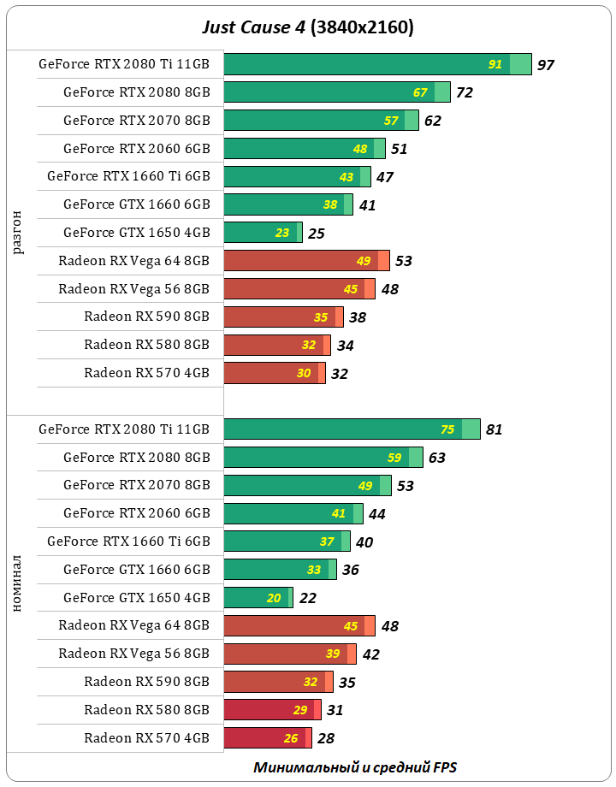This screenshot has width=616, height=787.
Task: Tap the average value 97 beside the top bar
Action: click(x=546, y=65)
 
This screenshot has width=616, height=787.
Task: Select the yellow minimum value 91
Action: click(x=495, y=65)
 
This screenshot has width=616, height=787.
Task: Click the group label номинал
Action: click(x=19, y=584)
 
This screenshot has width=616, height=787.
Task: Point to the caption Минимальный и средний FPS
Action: click(x=360, y=767)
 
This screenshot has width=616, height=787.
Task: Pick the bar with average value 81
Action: click(x=351, y=429)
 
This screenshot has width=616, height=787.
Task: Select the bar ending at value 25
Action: click(x=262, y=233)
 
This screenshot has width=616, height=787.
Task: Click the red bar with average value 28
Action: click(x=267, y=738)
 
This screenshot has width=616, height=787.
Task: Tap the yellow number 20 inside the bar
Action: click(x=274, y=598)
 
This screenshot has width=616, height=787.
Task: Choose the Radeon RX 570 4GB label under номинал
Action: click(x=146, y=738)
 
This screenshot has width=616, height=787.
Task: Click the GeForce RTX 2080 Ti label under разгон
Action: click(x=124, y=64)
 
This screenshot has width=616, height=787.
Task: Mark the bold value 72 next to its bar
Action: click(x=465, y=93)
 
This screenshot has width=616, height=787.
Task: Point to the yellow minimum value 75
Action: click(x=447, y=429)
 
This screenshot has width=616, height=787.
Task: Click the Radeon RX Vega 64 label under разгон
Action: click(x=133, y=260)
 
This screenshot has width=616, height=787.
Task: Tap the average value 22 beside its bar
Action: click(x=308, y=598)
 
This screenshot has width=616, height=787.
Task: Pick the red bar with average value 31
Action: click(x=272, y=710)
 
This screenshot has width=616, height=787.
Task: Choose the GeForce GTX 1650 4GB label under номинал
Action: click(x=136, y=598)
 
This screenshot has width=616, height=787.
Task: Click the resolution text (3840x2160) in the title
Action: click(x=364, y=27)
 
